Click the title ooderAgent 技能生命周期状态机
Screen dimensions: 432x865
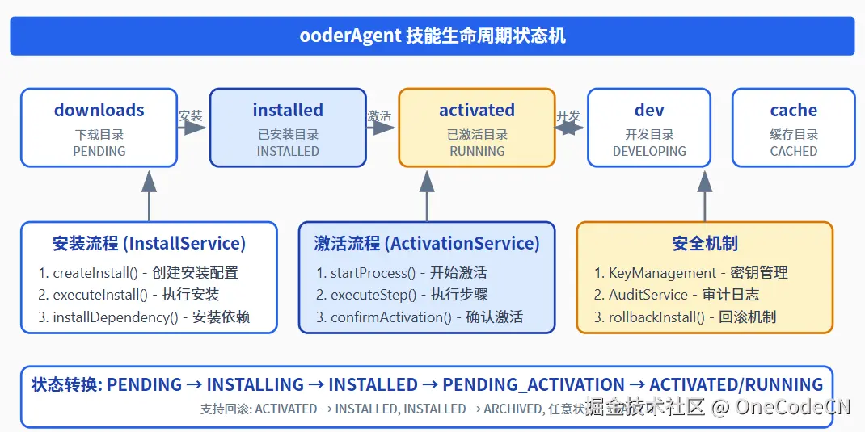pyautogui.click(x=432, y=36)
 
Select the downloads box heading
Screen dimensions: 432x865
pyautogui.click(x=99, y=111)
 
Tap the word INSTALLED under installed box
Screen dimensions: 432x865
pyautogui.click(x=288, y=151)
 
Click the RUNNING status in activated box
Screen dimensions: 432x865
pyautogui.click(x=477, y=151)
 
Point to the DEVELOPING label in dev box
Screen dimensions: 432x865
pyautogui.click(x=649, y=151)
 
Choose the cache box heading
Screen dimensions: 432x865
pyautogui.click(x=793, y=111)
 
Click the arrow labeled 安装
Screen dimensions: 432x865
pyautogui.click(x=192, y=128)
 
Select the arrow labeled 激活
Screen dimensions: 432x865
pyautogui.click(x=382, y=128)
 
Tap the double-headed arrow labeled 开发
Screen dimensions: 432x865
pyautogui.click(x=571, y=128)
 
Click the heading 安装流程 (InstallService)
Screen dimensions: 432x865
pyautogui.click(x=149, y=243)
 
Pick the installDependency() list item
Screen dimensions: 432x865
pyautogui.click(x=144, y=317)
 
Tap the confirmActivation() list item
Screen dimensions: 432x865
pyautogui.click(x=420, y=317)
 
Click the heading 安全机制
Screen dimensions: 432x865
pyautogui.click(x=704, y=243)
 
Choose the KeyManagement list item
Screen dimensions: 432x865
pyautogui.click(x=690, y=273)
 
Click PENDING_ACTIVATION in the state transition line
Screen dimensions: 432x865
pyautogui.click(x=534, y=385)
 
